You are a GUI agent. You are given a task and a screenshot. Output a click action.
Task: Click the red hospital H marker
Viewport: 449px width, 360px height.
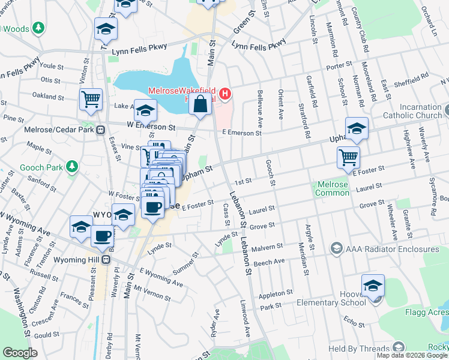tap(225, 94)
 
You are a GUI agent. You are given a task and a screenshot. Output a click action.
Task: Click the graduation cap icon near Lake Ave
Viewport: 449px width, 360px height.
tap(145, 110)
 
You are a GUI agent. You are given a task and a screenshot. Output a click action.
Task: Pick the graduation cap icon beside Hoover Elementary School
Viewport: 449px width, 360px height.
tap(373, 286)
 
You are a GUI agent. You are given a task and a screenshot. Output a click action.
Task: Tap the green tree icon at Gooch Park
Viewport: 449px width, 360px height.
tap(71, 166)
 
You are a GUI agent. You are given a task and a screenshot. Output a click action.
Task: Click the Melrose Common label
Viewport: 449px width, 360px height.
tap(331, 189)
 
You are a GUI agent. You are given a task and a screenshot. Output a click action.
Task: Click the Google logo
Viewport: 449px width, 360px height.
tap(20, 353)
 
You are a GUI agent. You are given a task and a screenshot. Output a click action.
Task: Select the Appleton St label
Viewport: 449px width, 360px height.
tap(275, 295)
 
